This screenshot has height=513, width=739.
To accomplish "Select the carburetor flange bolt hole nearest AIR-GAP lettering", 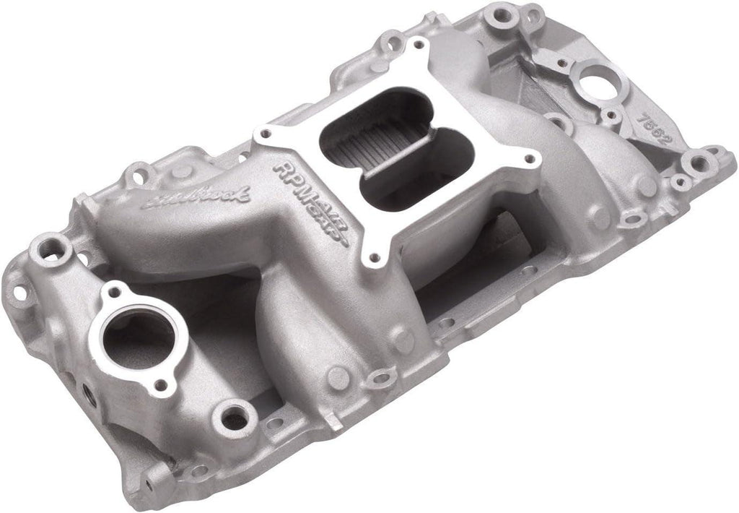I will click(x=373, y=256).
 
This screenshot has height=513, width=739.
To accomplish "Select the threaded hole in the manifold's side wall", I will click(x=88, y=393).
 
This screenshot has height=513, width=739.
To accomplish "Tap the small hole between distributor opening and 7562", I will click(x=613, y=115).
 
